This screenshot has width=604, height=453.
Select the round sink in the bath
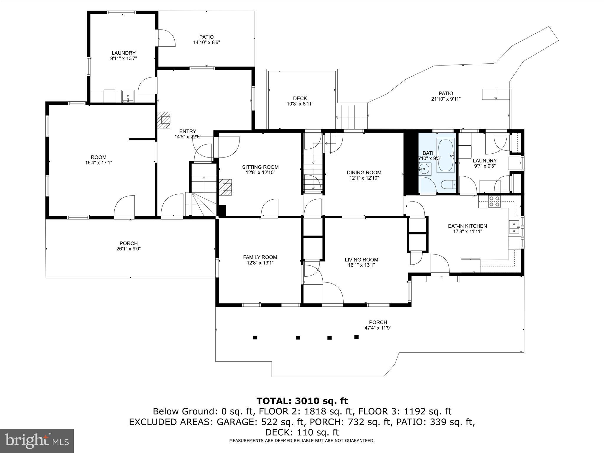424,169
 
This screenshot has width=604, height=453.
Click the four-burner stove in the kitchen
494,201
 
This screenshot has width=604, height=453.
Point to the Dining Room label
364,173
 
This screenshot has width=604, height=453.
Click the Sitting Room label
260,167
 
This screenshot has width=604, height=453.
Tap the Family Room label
260,257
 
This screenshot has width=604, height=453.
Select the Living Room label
361,260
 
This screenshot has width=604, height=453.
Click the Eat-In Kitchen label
467,226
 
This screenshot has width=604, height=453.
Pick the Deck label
300,99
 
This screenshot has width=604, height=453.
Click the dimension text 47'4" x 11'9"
378,328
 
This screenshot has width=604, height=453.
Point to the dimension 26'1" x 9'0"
129,249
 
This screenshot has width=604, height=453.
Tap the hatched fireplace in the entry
164,120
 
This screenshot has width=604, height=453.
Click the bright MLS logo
37,441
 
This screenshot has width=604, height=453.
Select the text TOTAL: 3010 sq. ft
302,401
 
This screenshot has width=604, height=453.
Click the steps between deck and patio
352,116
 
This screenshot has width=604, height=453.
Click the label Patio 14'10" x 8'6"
206,40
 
